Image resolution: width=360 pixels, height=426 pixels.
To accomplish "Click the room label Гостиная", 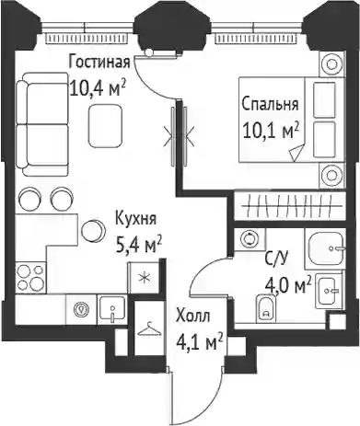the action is (x=99, y=62).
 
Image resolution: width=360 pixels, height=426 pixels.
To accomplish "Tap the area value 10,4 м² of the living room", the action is (x=98, y=87).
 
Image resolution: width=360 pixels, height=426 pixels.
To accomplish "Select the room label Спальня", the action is (x=270, y=104).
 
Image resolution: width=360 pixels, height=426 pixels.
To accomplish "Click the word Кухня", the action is (x=135, y=219).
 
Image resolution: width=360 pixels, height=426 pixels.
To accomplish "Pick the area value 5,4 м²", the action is (x=139, y=245).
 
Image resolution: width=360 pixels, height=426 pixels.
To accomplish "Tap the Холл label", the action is (x=193, y=317).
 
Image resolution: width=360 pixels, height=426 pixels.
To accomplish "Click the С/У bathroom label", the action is (x=276, y=259).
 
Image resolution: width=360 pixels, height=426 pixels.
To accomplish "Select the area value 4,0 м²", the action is (x=288, y=285).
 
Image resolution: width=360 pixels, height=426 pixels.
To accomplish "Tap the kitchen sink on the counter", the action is (x=111, y=309).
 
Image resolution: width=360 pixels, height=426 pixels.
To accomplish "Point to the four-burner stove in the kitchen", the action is (x=30, y=278).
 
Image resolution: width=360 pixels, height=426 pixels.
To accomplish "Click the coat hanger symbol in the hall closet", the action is (x=149, y=329).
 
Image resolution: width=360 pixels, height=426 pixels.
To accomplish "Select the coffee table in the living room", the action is (x=105, y=125).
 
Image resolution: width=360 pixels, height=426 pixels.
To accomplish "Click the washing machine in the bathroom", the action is (x=250, y=239).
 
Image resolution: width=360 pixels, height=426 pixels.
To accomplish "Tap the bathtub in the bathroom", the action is (x=324, y=249).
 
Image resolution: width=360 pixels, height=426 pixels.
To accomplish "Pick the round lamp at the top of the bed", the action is (x=331, y=64).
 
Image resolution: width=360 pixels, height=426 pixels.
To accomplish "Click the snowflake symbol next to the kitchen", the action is (x=144, y=279).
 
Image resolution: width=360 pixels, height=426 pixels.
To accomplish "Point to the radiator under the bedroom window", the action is (x=256, y=39).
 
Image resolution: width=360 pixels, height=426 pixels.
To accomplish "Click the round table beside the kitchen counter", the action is (x=93, y=231).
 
